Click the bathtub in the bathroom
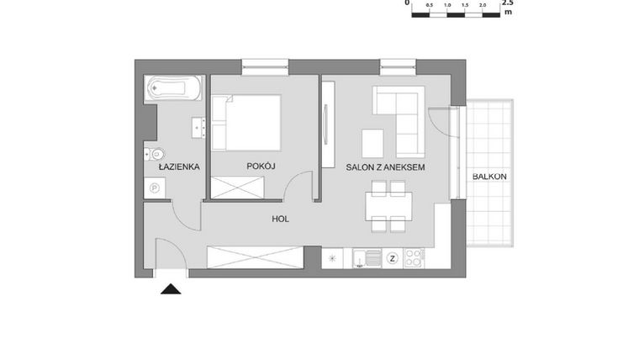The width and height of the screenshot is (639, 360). (174, 87)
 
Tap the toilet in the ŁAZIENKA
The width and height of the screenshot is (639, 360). (153, 154)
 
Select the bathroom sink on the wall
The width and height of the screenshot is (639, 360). (199, 127)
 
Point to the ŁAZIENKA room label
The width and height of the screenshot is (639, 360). (178, 167)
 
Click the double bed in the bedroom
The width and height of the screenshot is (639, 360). (246, 122)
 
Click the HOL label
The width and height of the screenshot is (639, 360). (281, 219)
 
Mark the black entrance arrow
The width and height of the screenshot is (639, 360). (171, 289)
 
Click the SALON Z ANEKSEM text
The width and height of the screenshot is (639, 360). (386, 167)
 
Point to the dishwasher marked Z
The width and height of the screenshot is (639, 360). (392, 258)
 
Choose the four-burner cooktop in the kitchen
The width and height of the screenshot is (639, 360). (415, 258)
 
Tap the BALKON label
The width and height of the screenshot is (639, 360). (488, 177)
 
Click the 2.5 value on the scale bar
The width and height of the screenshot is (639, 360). (507, 3)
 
